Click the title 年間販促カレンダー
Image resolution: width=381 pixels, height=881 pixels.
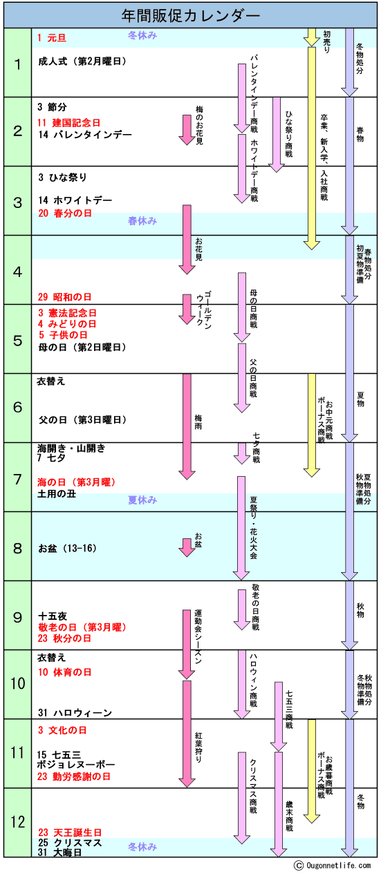[x=190, y=16]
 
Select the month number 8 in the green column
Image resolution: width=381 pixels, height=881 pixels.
[x=18, y=548]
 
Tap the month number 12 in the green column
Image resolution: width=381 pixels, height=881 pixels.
[x=18, y=822]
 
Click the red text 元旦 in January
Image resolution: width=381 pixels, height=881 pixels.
[x=57, y=38]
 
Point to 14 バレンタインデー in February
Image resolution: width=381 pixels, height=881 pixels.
[x=85, y=135]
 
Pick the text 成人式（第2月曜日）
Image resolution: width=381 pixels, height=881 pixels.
[x=82, y=61]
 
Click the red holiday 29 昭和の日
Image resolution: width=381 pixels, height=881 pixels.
[x=64, y=297]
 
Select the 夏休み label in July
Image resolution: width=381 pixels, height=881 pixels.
[x=142, y=500]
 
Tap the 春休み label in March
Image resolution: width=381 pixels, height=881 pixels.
[x=142, y=220]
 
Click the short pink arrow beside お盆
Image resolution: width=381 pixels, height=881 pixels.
[x=187, y=547]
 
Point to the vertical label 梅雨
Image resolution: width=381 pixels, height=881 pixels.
[x=198, y=422]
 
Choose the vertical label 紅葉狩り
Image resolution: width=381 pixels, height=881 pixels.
[x=198, y=747]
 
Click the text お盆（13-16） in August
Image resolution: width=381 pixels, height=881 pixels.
[x=67, y=548]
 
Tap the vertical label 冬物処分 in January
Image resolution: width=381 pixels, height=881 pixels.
[x=360, y=59]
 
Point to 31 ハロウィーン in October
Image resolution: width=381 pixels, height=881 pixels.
[x=75, y=712]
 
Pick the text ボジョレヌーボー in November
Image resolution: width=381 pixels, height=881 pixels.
[x=76, y=765]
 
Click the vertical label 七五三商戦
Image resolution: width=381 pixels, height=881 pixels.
[x=289, y=709]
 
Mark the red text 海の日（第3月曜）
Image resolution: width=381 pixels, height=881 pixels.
[x=76, y=482]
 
